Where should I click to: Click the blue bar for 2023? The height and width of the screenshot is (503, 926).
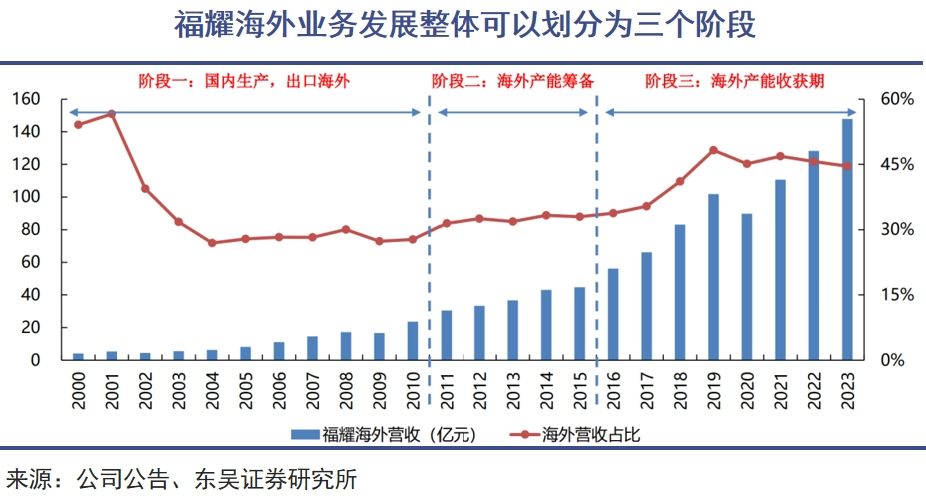[x=847, y=239]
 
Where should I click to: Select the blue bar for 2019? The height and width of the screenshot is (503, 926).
[x=713, y=276]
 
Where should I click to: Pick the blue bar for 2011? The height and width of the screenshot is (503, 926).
[x=446, y=335]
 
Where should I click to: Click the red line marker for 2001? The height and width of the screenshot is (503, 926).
[x=112, y=114]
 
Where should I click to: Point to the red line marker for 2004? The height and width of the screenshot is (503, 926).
[x=212, y=243]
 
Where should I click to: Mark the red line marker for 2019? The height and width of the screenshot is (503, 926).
[x=713, y=150]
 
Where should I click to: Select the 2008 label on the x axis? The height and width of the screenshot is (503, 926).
[x=346, y=386]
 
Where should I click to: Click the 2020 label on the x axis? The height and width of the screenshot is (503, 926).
[x=747, y=386]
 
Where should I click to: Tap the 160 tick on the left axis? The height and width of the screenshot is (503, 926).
[x=27, y=99]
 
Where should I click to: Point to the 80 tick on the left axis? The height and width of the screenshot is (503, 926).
[x=31, y=229]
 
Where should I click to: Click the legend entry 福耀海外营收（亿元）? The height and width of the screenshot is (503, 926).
[x=382, y=435]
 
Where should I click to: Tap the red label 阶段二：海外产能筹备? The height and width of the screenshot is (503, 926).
[x=512, y=80]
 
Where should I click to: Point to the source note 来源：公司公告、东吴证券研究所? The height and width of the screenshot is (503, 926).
[x=181, y=480]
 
